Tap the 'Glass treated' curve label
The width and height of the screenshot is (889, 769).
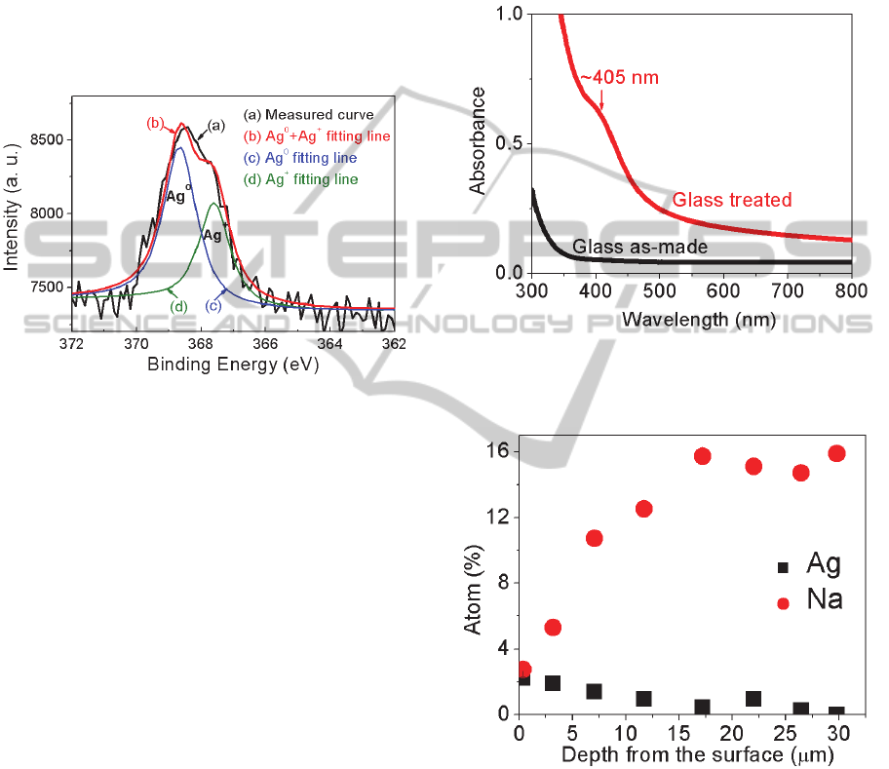pos(731,200)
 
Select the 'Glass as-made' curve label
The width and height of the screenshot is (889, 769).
pos(639,248)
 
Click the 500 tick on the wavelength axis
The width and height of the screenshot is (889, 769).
pos(659,291)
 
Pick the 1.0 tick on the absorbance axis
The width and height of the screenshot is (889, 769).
pos(507,15)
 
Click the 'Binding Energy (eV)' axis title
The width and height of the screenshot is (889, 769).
pos(233,365)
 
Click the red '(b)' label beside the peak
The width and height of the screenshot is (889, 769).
pos(154,124)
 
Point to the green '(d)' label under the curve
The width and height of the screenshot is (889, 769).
pos(179,307)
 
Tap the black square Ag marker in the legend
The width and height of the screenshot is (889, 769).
pos(782,566)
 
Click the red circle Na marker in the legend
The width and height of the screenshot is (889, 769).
pos(782,603)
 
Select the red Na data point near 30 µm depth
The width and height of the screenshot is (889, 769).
pos(836,453)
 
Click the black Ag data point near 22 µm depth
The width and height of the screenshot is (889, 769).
pos(754,699)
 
